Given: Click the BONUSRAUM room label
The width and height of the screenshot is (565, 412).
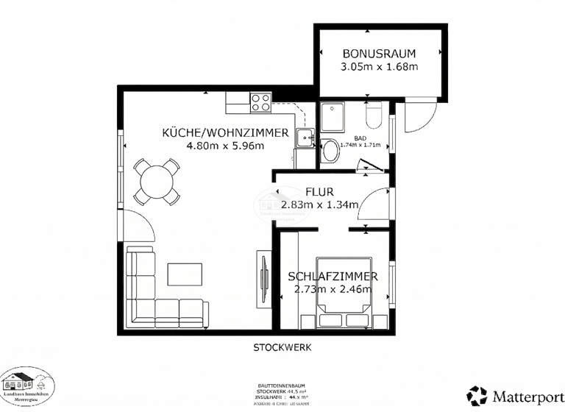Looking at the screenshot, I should tap(379, 53).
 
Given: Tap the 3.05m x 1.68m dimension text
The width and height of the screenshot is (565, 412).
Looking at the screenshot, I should tap(379, 67).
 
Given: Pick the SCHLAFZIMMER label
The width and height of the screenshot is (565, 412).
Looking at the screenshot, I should tap(333, 277).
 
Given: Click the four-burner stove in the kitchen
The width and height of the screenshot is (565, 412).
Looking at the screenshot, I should tap(260, 103).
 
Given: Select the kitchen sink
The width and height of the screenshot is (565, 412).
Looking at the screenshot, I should tap(305, 136).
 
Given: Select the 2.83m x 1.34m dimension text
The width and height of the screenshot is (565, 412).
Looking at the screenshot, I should tap(319, 205).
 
